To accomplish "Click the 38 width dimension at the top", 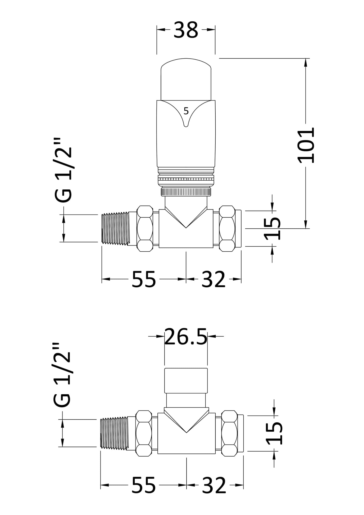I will click(186, 30).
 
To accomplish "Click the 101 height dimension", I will click(306, 145).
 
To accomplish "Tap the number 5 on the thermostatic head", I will click(186, 111).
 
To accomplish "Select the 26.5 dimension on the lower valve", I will click(186, 337).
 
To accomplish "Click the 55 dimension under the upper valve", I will click(144, 279).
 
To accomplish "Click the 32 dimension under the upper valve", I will click(213, 279).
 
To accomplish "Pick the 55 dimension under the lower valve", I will click(144, 485).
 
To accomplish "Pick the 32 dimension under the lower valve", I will click(214, 485).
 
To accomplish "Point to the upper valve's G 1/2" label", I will click(63, 170).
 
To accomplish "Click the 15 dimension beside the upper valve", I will click(272, 229).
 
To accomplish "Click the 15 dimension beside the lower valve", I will click(274, 433).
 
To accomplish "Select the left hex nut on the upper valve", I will click(145, 228).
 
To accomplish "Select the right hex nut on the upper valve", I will click(227, 228).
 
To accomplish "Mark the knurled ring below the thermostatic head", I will click(186, 192).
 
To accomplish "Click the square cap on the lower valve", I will click(186, 381).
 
